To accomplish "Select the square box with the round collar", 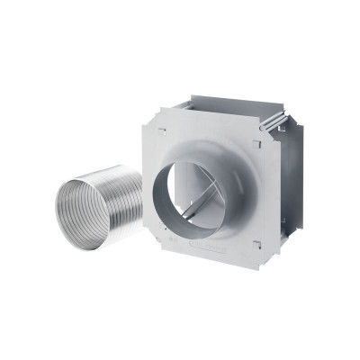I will click(216, 189).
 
